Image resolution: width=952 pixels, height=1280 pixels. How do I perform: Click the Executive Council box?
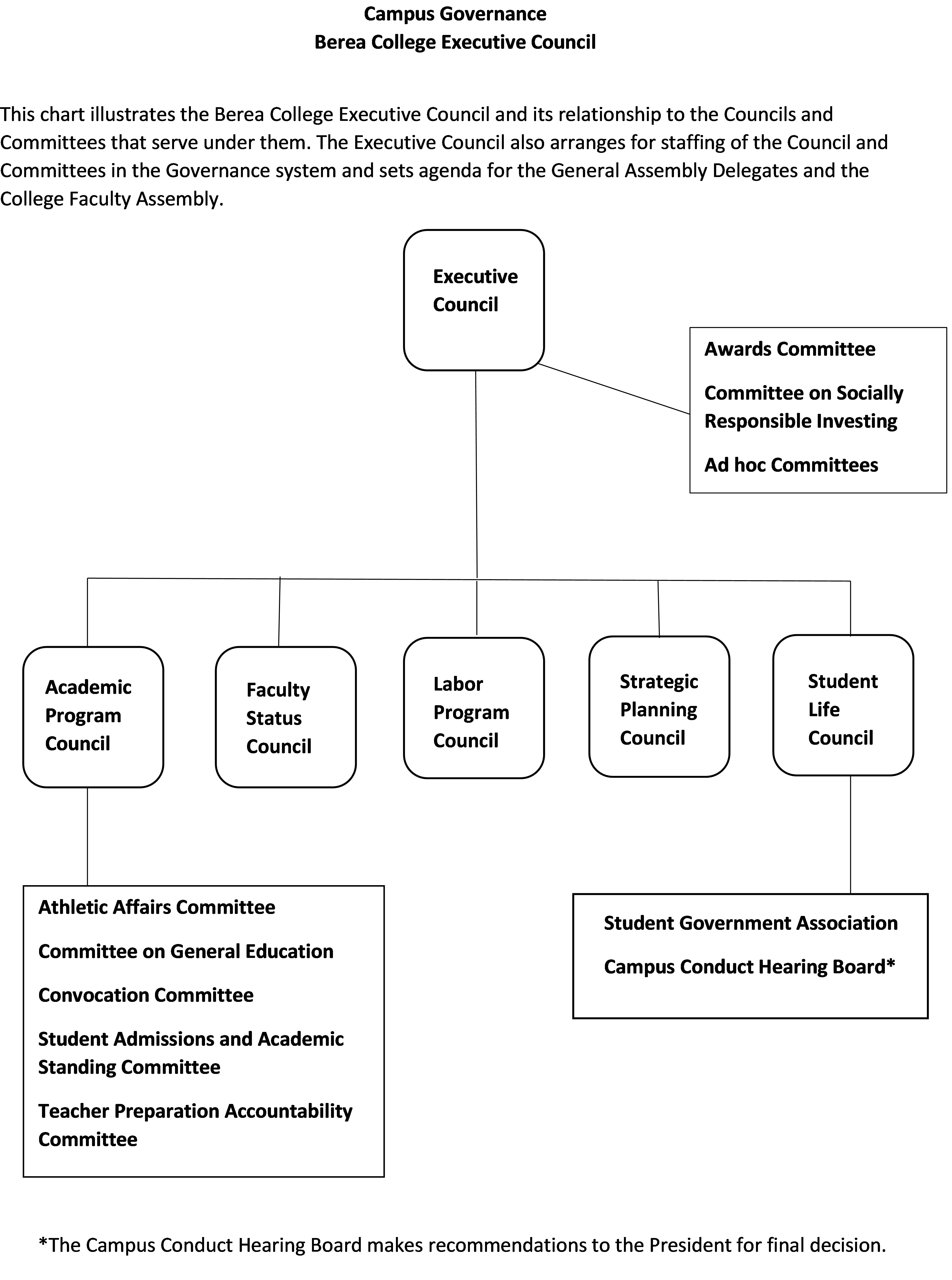[x=474, y=300]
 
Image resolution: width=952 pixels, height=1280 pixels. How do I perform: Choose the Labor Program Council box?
[x=474, y=708]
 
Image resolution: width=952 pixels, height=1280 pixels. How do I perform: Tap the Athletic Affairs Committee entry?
[x=157, y=907]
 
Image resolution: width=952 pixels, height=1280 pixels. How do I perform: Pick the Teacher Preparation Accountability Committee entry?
[x=195, y=1125]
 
